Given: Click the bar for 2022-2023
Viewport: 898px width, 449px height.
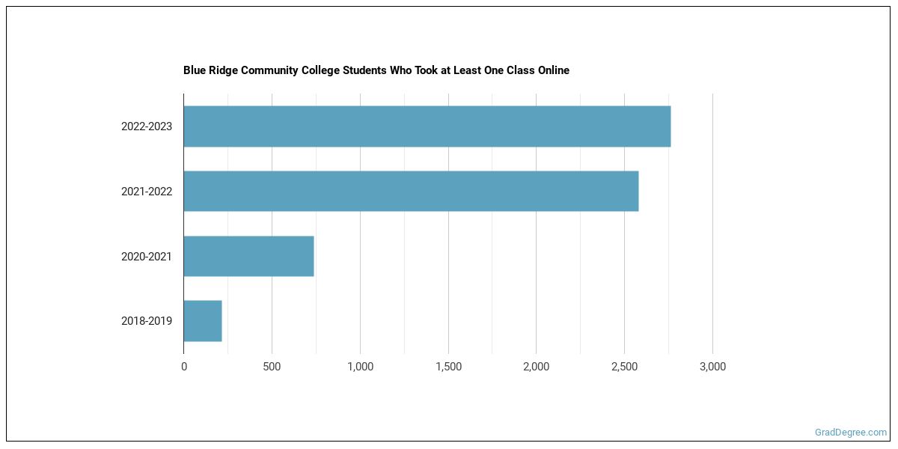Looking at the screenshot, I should (427, 126).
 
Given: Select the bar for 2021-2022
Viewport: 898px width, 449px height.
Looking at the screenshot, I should (411, 191).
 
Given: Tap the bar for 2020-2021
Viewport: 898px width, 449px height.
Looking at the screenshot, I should (248, 256).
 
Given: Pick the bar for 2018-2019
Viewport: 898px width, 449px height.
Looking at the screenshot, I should (203, 321).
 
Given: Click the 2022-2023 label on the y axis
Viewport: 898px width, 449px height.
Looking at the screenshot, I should (147, 126).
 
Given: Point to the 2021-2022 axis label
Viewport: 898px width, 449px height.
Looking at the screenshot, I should (147, 192).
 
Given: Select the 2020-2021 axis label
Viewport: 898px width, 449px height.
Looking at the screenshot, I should (147, 257).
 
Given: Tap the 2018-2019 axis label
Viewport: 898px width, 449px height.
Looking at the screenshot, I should (147, 321).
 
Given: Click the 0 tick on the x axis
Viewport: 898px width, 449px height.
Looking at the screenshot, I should (184, 367).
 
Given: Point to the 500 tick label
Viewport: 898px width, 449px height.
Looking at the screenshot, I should (272, 367).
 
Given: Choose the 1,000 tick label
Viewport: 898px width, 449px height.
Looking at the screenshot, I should (360, 367).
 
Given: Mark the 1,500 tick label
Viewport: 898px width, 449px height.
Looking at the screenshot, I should (448, 367).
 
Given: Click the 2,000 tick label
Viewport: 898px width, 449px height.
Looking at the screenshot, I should (536, 367).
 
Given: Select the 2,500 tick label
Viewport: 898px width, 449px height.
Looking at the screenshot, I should (624, 367).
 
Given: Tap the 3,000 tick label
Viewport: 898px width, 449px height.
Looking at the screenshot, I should (712, 367).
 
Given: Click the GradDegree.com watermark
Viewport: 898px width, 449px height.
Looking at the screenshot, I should (851, 433).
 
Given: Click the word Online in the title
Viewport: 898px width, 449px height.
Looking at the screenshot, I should (552, 70).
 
